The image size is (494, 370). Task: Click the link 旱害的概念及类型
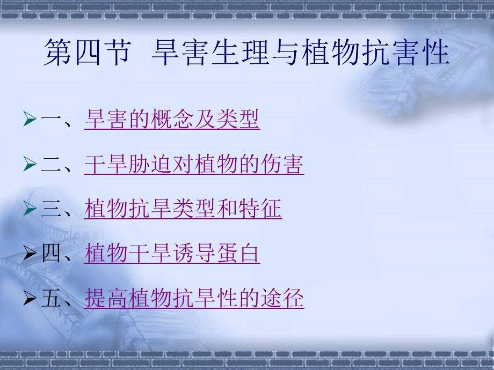tap(172, 120)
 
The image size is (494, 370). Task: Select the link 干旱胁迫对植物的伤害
tap(194, 165)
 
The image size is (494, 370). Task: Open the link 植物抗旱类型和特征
tap(183, 209)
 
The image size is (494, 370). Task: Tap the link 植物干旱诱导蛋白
tap(172, 254)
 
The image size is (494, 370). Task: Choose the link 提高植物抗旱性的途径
tap(194, 298)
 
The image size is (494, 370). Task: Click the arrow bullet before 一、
tap(31, 120)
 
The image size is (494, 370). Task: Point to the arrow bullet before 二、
tap(31, 165)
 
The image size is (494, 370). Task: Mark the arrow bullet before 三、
tap(31, 209)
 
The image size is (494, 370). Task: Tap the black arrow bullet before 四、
tap(31, 254)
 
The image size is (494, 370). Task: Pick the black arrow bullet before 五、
tap(31, 298)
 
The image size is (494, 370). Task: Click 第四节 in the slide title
tap(86, 54)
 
